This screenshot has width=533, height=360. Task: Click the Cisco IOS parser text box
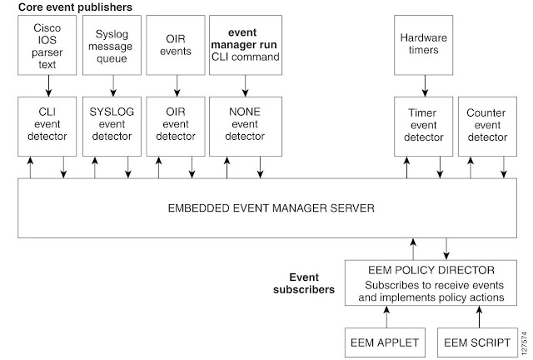tap(47, 47)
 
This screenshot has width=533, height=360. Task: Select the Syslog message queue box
tap(111, 47)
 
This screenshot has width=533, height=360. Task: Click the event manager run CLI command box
tap(244, 47)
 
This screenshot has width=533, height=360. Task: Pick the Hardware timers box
tap(424, 47)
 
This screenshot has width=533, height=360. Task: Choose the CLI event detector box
tap(47, 126)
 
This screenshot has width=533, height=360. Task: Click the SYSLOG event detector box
tap(111, 126)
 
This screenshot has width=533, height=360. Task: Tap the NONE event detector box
tap(244, 126)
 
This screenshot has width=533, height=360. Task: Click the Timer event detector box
tap(424, 126)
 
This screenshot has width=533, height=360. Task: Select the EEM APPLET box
tap(386, 342)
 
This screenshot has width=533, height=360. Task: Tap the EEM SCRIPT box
tap(478, 342)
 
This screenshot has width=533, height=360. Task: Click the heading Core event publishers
tap(76, 7)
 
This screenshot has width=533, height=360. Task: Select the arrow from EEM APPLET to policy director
tap(386, 317)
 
